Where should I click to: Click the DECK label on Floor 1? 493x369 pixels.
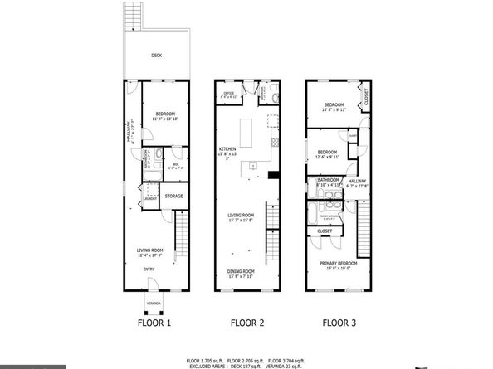pyautogui.click(x=156, y=56)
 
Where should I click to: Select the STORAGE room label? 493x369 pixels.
pyautogui.click(x=173, y=197)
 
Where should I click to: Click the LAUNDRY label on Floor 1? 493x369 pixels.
pyautogui.click(x=150, y=199)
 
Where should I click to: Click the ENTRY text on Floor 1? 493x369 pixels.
pyautogui.click(x=149, y=269)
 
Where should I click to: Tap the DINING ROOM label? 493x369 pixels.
pyautogui.click(x=242, y=271)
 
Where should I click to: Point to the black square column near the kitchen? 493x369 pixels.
pyautogui.click(x=273, y=175)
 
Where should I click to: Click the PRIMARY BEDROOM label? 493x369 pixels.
pyautogui.click(x=337, y=263)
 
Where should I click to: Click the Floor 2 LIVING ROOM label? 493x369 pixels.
pyautogui.click(x=242, y=216)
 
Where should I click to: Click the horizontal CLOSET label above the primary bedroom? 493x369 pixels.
pyautogui.click(x=325, y=231)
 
